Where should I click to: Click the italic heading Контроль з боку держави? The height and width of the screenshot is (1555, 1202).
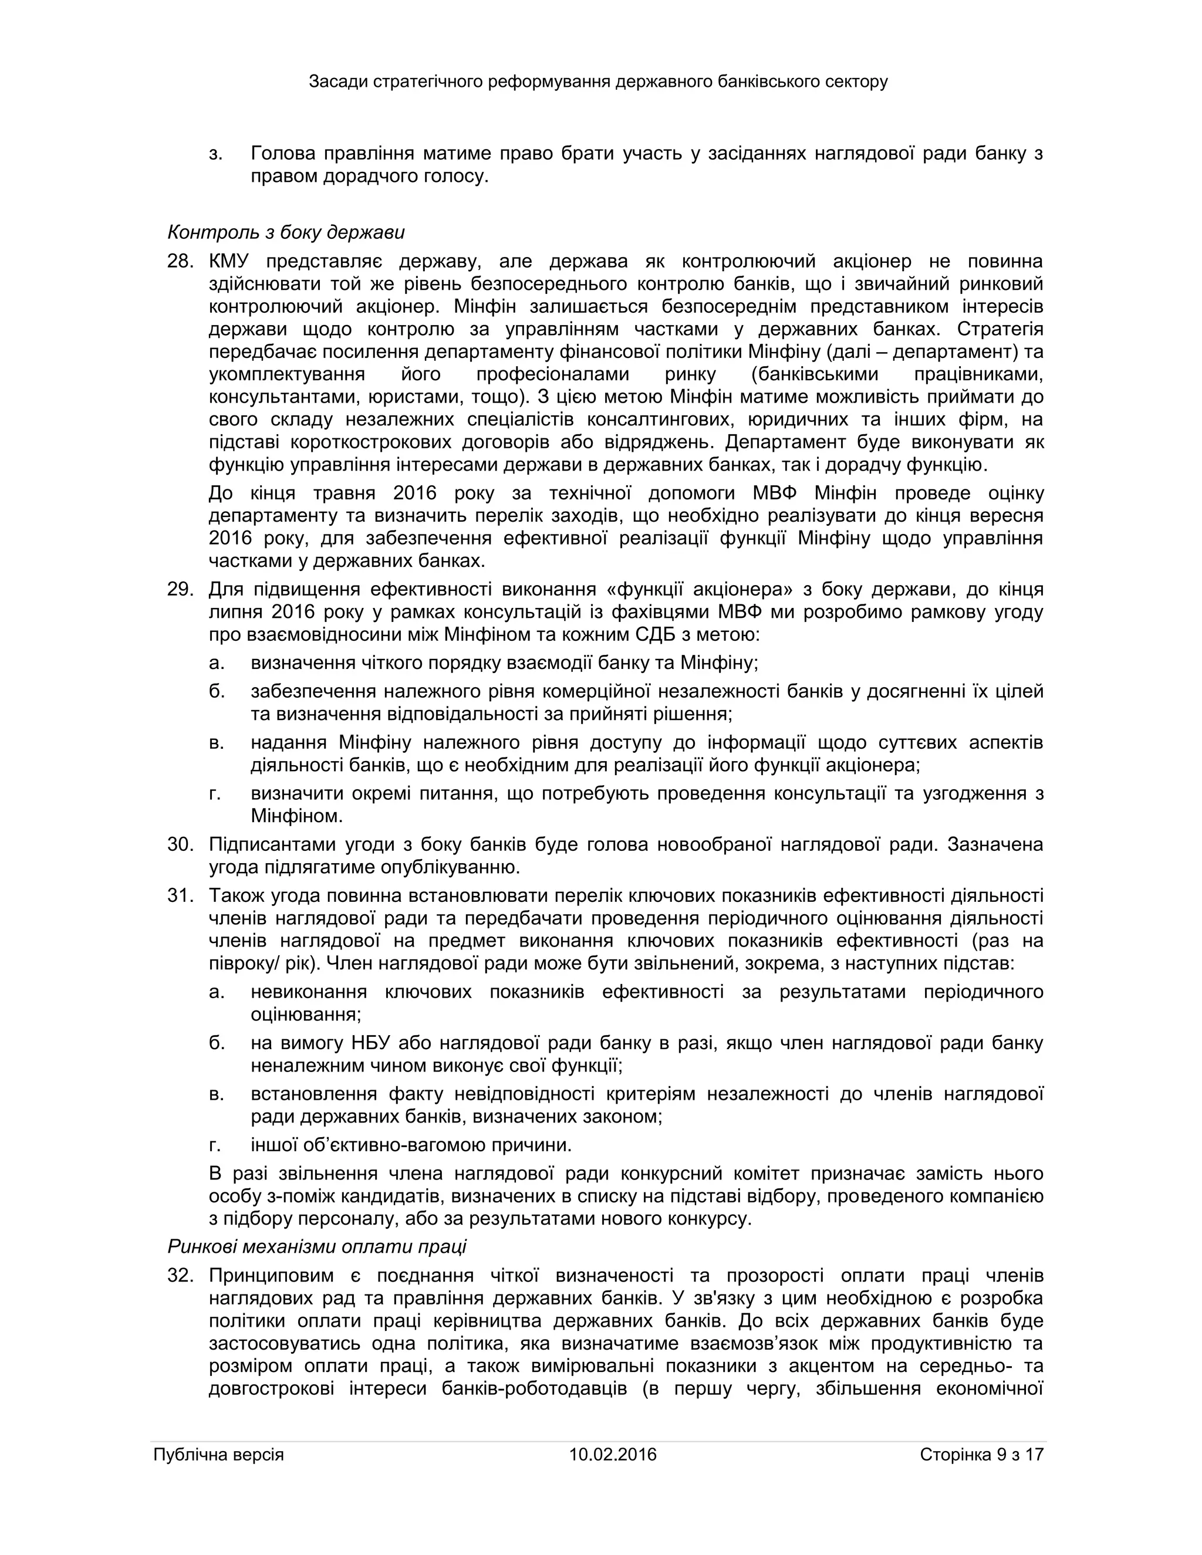tap(286, 232)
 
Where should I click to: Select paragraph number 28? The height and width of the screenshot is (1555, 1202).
tap(180, 261)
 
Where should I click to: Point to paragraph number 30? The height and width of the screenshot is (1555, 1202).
tap(180, 844)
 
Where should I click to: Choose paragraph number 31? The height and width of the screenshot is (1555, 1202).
tap(180, 895)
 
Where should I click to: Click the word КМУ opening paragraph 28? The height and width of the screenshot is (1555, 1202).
tap(229, 261)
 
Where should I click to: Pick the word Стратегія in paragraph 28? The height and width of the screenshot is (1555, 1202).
tap(1000, 329)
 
